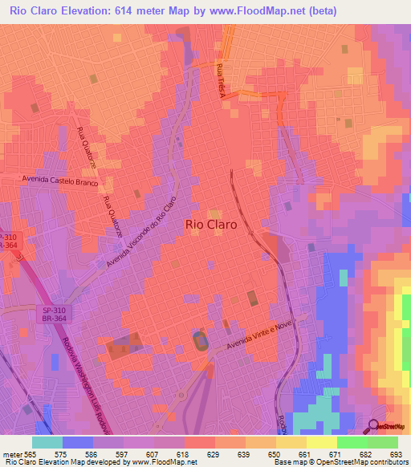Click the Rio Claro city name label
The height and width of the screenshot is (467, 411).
tap(211, 225)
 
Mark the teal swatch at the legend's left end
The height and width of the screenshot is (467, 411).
tap(47, 442)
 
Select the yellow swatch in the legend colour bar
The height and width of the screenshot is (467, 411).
tap(321, 442)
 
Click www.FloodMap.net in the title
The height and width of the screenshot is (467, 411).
tap(253, 10)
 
